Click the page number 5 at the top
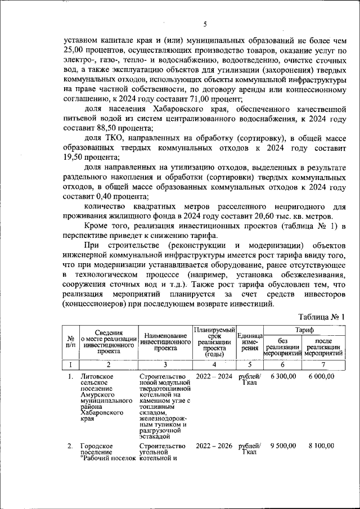tap(205, 24)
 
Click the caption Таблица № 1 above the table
tap(321, 317)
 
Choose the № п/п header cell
tap(71, 341)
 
